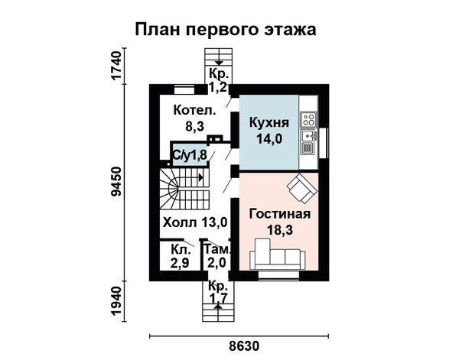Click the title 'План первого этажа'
[x=226, y=30]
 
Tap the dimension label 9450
[x=116, y=182]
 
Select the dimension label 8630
[x=244, y=346]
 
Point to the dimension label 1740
[x=116, y=65]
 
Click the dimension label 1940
[x=116, y=300]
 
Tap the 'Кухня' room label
[x=269, y=122]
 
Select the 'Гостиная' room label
[x=279, y=214]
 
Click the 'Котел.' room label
[x=194, y=111]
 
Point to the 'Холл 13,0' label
[x=195, y=222]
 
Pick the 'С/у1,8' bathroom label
[x=190, y=155]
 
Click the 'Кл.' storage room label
[x=181, y=250]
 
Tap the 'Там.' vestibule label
[x=216, y=249]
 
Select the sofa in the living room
[x=277, y=254]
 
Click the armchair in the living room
[x=302, y=188]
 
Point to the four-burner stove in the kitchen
[x=309, y=119]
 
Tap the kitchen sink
[x=309, y=135]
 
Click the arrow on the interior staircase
[x=200, y=177]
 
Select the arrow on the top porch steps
[x=219, y=63]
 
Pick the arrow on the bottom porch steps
[x=218, y=306]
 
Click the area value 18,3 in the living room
[x=279, y=230]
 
